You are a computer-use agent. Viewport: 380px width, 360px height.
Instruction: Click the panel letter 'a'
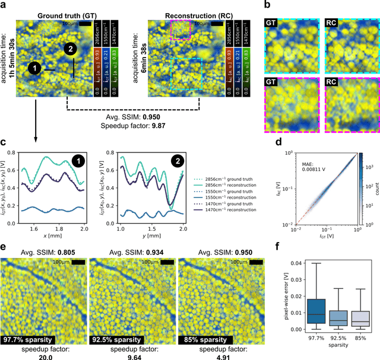pos(5,5)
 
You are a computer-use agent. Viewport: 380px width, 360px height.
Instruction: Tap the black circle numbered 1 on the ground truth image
pos(35,70)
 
